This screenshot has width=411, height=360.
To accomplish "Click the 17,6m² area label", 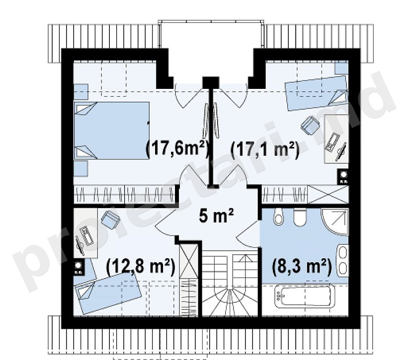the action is click(x=177, y=150).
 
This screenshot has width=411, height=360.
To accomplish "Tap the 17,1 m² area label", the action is click(x=265, y=150).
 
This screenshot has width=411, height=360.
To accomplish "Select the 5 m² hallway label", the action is click(x=216, y=216).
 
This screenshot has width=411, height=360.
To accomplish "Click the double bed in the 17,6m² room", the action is click(x=112, y=131).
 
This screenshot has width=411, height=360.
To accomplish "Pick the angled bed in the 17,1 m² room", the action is click(x=317, y=93).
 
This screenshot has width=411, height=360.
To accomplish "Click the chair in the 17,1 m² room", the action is click(x=310, y=125).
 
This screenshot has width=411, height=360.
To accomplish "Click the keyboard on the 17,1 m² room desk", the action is click(x=332, y=143).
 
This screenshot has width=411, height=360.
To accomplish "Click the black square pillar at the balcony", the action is click(x=211, y=82).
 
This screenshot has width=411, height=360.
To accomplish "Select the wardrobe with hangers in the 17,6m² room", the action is click(x=124, y=194).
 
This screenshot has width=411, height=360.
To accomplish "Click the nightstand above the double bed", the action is click(x=81, y=92).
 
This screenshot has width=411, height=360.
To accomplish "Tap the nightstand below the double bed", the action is click(x=81, y=169).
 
